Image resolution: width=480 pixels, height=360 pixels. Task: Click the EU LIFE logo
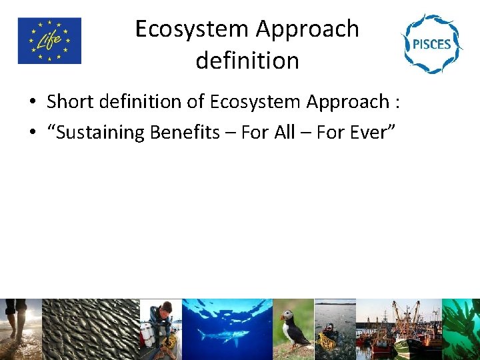click(x=49, y=41)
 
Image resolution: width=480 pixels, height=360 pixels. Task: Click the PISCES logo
click(x=431, y=43)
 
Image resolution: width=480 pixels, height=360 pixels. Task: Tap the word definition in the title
click(x=247, y=61)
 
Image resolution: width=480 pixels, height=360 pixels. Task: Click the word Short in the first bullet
click(x=66, y=102)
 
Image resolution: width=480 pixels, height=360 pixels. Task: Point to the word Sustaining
click(x=101, y=133)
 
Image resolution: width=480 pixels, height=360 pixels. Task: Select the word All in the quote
click(x=285, y=133)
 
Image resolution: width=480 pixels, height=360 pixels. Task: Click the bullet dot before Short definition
click(x=32, y=103)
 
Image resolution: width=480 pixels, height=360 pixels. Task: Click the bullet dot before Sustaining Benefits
click(x=32, y=133)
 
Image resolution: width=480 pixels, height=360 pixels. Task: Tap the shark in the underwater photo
click(x=223, y=334)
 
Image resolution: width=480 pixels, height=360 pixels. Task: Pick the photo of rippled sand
click(x=91, y=329)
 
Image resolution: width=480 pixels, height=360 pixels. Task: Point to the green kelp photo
click(x=461, y=329)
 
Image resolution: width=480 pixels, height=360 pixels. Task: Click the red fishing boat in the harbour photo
click(x=382, y=337)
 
